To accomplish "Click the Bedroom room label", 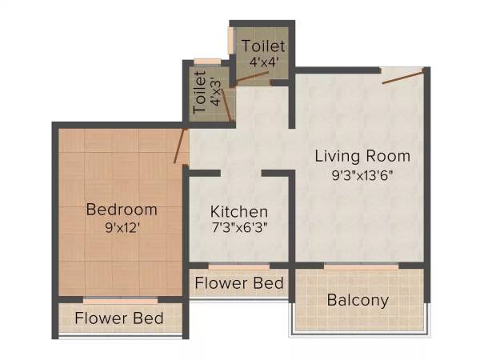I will [x=122, y=210].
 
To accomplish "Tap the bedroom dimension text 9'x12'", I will [x=122, y=226].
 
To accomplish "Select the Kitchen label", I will [x=238, y=212].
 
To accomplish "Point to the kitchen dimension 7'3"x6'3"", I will [x=238, y=227].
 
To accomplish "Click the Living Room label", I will [x=362, y=155].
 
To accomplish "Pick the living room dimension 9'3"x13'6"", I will [x=362, y=173].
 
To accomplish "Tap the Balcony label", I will [x=358, y=301].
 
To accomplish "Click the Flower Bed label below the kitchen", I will [x=239, y=282].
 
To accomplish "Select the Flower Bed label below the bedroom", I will [x=119, y=318].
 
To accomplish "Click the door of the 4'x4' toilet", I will [x=251, y=78].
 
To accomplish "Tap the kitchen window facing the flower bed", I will [x=238, y=265].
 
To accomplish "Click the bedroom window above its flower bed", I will [x=119, y=300].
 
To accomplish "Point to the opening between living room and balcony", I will [x=360, y=265].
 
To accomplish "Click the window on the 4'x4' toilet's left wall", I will [x=230, y=41].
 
